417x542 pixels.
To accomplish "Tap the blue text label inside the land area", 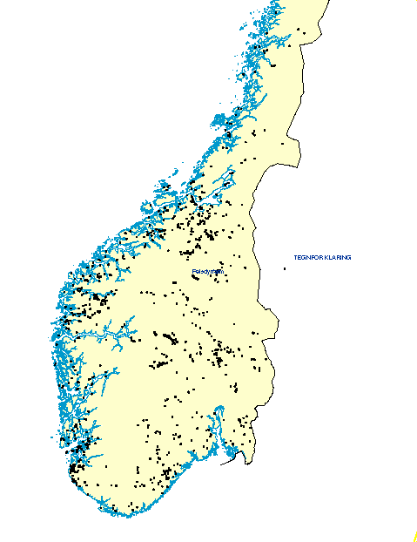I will pos(208,271).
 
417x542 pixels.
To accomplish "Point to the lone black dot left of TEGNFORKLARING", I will pos(284,268).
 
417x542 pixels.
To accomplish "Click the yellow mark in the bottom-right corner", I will pos(413,533).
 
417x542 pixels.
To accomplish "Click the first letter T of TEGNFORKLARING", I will pos(295,258).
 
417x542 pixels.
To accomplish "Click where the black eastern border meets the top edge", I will pos(330,2).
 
